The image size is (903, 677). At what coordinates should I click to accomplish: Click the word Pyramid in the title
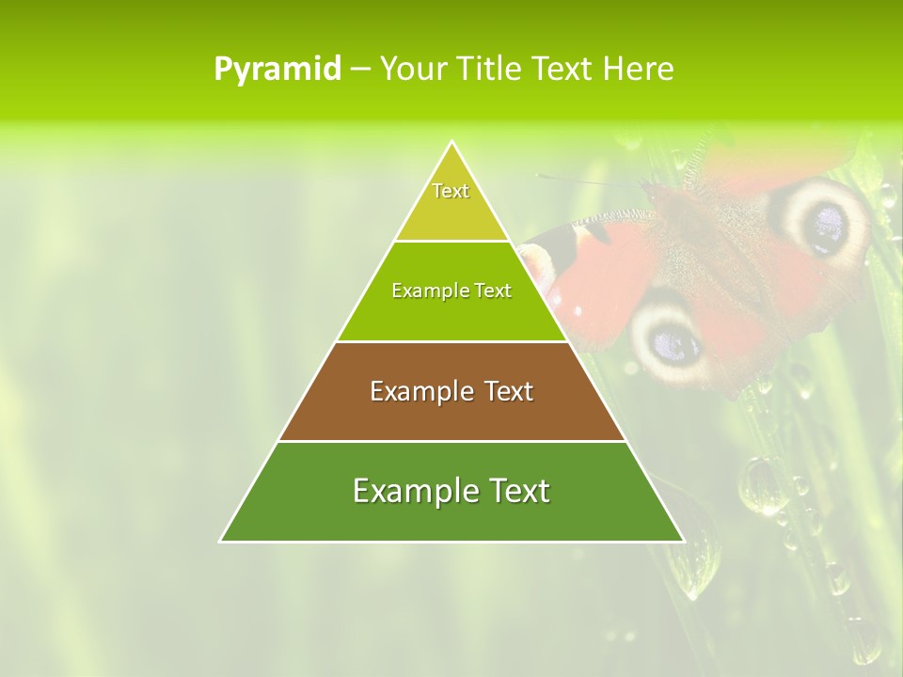[277, 70]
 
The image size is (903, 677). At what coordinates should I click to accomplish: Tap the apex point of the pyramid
[451, 142]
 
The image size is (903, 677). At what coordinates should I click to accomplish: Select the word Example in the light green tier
[428, 291]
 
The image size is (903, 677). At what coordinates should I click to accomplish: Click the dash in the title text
[360, 70]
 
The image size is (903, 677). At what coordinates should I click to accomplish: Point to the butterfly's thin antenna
[593, 181]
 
